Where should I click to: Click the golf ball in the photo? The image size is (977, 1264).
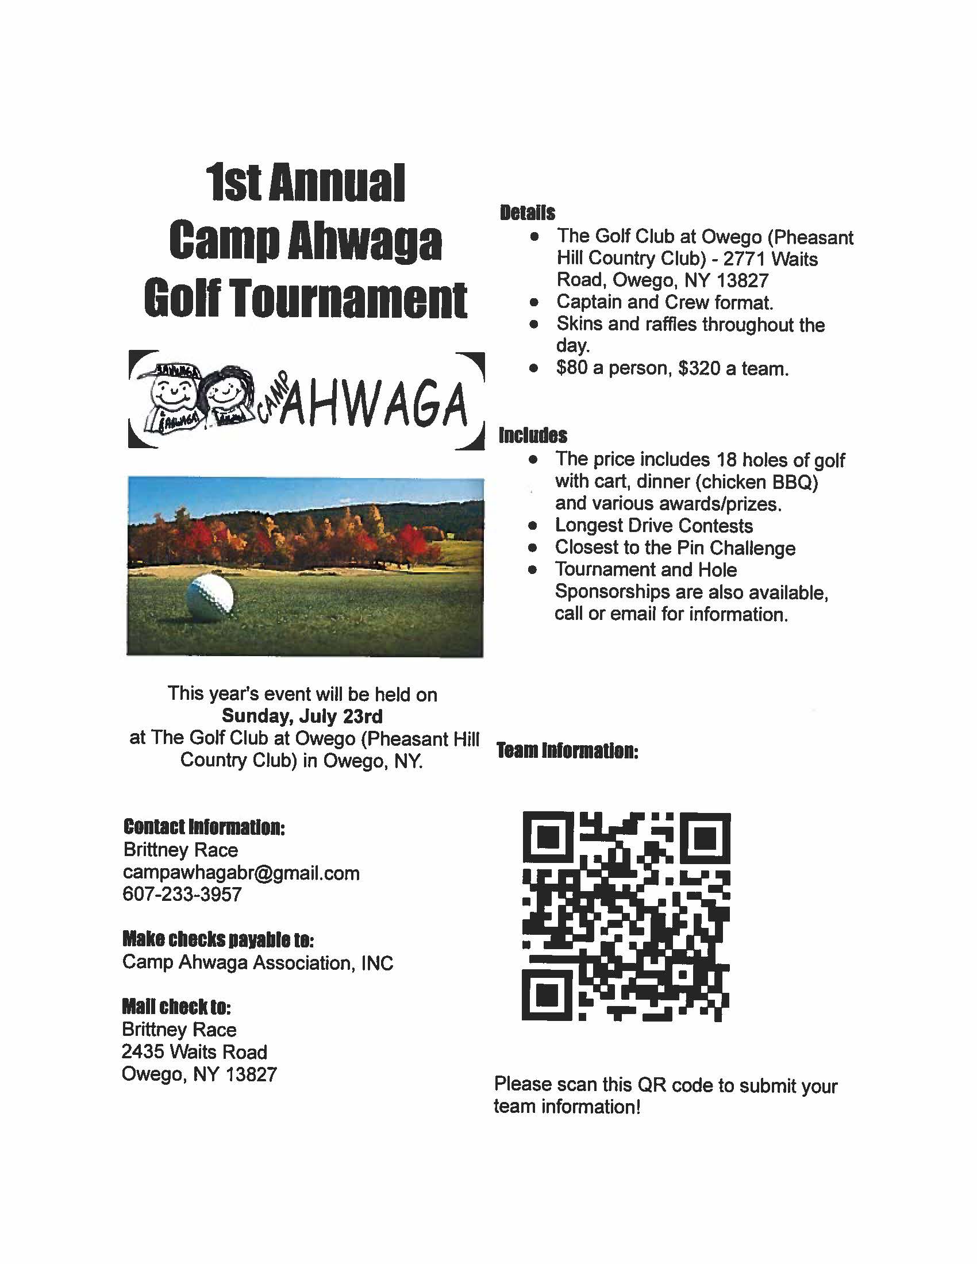click(x=210, y=595)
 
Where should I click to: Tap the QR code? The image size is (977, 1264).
click(x=626, y=916)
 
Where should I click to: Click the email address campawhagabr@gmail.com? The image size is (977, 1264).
click(x=241, y=872)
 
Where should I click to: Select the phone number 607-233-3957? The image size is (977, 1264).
click(x=182, y=894)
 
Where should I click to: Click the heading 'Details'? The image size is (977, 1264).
click(x=526, y=213)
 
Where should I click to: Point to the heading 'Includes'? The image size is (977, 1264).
click(x=533, y=436)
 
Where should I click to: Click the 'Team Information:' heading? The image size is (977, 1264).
click(x=567, y=752)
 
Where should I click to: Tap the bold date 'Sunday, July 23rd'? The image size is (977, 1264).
click(x=302, y=716)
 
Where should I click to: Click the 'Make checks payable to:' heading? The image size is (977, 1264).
click(x=218, y=939)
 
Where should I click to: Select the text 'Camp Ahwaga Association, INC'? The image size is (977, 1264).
click(x=257, y=962)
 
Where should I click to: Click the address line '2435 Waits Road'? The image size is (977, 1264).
click(x=194, y=1051)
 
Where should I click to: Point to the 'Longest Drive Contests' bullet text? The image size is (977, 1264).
click(x=653, y=526)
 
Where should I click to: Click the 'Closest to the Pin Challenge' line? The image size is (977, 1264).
click(x=675, y=548)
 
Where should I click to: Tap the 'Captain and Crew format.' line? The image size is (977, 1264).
click(x=664, y=302)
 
